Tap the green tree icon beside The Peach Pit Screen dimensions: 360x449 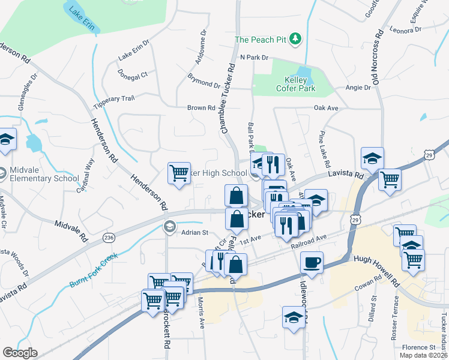(295, 40)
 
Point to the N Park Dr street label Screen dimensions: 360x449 (253, 57)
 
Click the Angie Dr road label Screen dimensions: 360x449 (358, 88)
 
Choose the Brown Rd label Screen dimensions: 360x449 (201, 108)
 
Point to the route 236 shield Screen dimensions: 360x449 (109, 237)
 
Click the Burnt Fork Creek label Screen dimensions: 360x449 (94, 270)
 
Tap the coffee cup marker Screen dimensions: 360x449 (312, 262)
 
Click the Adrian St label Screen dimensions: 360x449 (194, 232)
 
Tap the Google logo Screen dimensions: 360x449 (20, 353)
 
